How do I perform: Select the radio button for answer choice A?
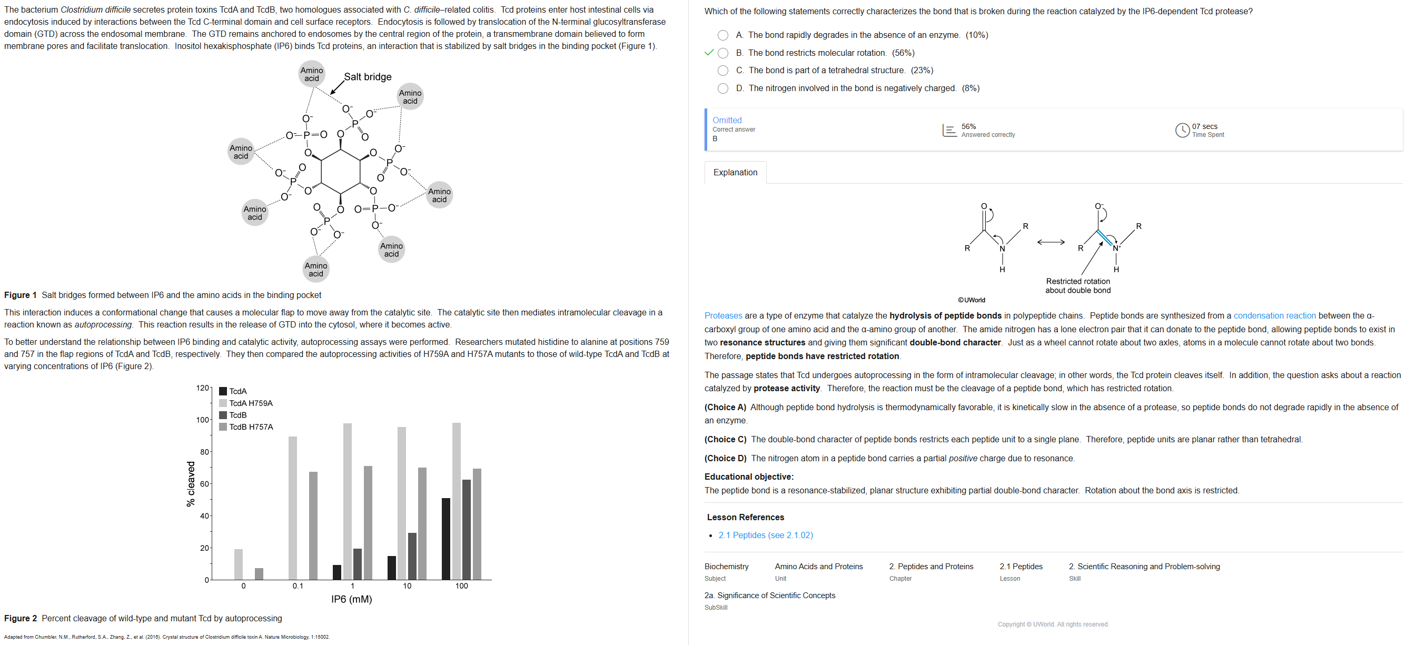click(x=722, y=35)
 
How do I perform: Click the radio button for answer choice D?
click(x=722, y=88)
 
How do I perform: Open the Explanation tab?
click(x=735, y=172)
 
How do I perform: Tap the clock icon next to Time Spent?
click(x=1182, y=131)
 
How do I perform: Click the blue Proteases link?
click(x=722, y=316)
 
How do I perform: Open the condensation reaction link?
click(x=1274, y=316)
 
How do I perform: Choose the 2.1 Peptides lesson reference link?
click(x=765, y=535)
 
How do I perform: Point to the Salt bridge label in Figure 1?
click(x=368, y=77)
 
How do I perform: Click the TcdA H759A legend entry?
click(x=251, y=403)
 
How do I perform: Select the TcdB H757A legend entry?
click(x=251, y=427)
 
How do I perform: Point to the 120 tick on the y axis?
click(x=202, y=388)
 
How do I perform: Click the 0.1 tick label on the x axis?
click(x=298, y=586)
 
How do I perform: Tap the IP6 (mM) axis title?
click(x=352, y=599)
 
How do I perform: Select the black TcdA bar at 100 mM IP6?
click(x=446, y=539)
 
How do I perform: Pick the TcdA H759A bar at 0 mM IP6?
click(x=239, y=564)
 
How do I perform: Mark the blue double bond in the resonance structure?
click(x=1105, y=239)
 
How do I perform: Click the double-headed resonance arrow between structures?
click(x=1051, y=242)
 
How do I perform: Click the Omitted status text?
click(x=727, y=120)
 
